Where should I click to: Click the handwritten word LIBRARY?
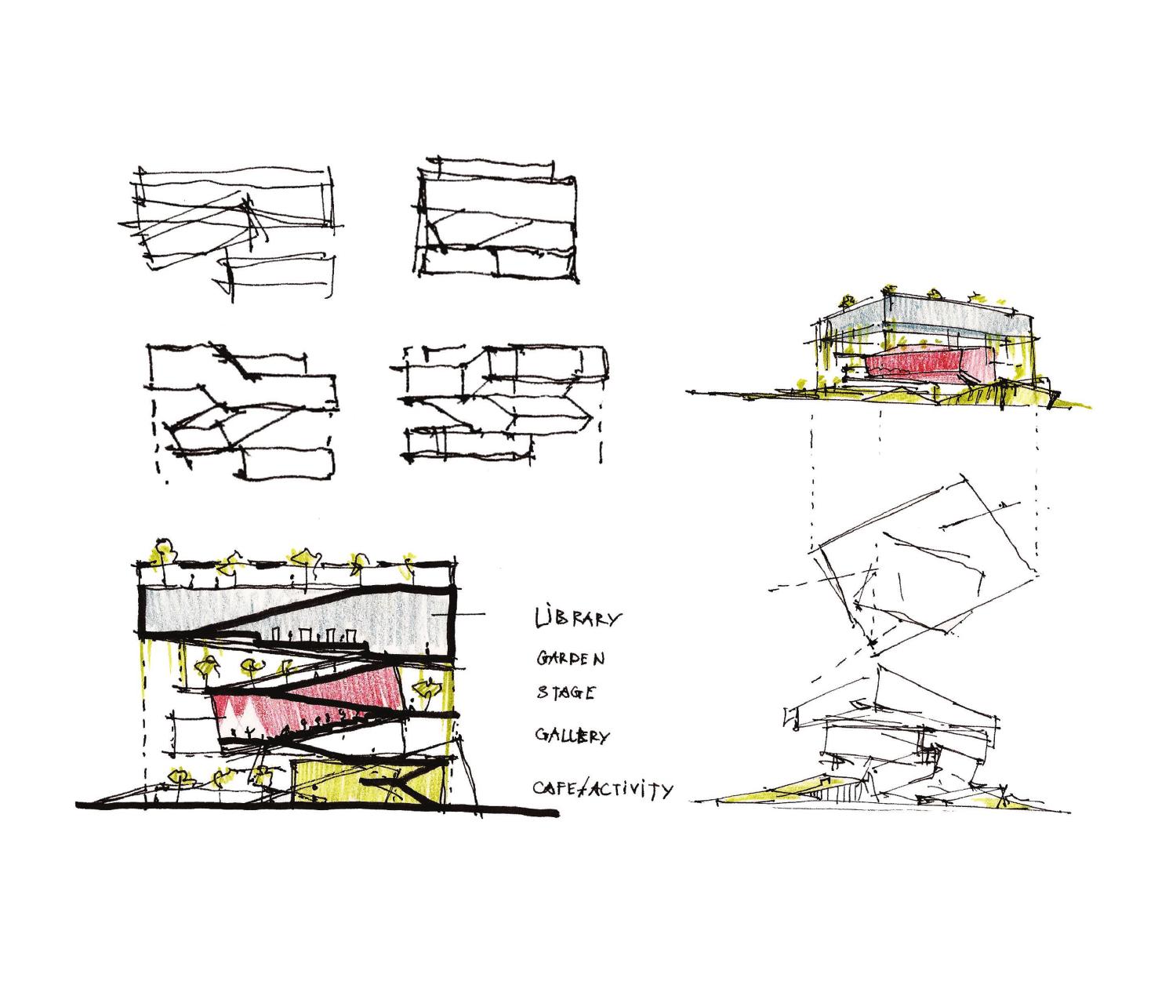[576, 619]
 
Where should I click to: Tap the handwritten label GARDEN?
[570, 659]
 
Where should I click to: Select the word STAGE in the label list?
[565, 693]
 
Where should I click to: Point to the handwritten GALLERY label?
[572, 736]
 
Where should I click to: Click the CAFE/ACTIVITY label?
[601, 788]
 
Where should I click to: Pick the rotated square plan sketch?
[929, 569]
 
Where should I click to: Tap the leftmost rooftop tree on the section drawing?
[163, 549]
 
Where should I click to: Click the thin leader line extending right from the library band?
[470, 614]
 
